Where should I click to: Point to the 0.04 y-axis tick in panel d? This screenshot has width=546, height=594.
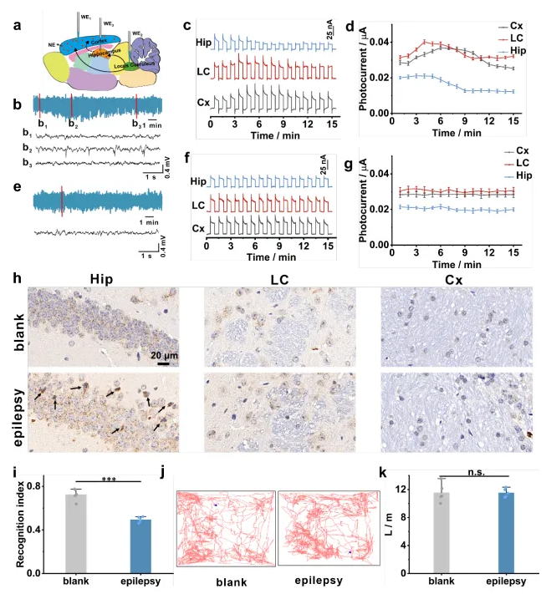tap(378, 42)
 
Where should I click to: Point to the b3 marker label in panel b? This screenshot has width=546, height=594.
tap(137, 124)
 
